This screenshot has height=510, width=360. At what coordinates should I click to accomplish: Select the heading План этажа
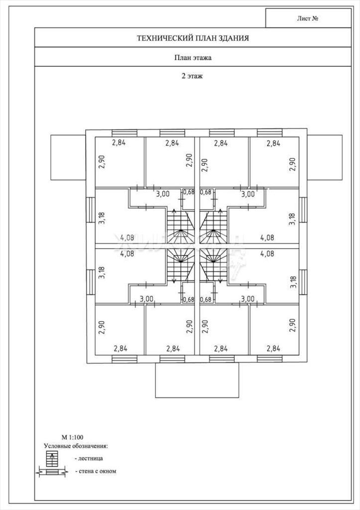point(193,58)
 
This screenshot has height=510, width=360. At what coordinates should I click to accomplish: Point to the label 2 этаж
point(192,76)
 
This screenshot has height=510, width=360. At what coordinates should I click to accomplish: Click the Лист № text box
point(308,18)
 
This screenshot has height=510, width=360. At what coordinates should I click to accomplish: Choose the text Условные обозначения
point(76,446)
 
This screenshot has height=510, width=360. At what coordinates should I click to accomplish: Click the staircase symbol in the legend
point(52,459)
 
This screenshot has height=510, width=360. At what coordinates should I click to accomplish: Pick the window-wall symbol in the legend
point(52,471)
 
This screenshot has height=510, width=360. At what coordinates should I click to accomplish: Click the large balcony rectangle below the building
point(197,380)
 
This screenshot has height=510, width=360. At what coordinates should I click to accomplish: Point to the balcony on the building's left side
point(68,157)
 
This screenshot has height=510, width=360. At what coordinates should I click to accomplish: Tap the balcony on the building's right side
point(325,157)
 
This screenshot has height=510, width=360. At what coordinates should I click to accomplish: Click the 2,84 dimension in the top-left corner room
point(119,142)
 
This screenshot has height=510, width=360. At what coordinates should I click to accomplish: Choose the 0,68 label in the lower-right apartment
point(206,299)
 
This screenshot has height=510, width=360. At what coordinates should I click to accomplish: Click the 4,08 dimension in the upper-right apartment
point(267,238)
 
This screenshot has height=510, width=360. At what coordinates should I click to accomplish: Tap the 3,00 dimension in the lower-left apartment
point(146,299)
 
